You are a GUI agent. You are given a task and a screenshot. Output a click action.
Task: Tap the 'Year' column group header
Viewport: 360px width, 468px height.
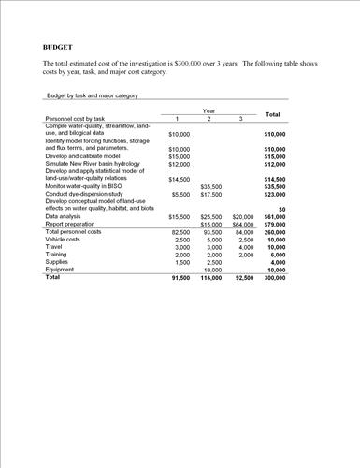(x=209, y=110)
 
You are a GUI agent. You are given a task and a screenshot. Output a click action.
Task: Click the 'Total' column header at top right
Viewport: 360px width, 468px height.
(x=273, y=114)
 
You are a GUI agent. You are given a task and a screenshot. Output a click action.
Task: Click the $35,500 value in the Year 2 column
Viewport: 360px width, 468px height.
(x=210, y=186)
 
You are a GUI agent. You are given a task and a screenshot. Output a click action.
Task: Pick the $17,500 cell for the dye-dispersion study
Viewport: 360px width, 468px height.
(x=210, y=194)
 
